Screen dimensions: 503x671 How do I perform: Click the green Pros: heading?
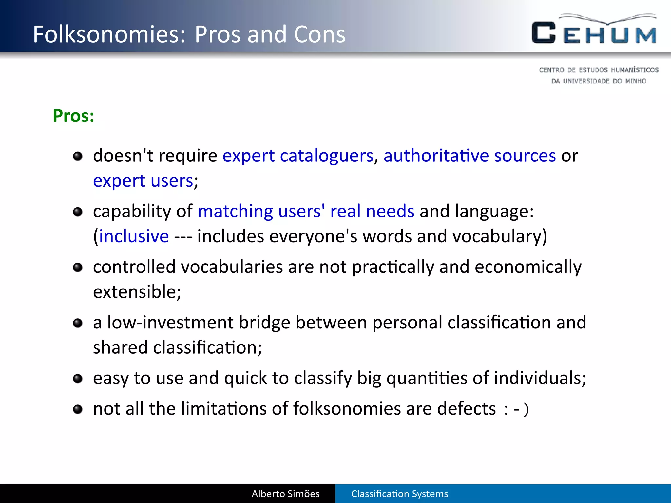[74, 116]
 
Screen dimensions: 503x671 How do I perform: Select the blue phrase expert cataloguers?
[298, 156]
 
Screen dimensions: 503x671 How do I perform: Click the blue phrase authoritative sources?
[470, 156]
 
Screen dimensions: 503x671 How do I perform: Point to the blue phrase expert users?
[143, 181]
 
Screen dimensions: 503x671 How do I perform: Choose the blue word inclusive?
[134, 236]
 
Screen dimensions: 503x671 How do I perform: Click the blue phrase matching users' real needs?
[306, 211]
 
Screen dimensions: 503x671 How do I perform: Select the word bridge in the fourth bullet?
[264, 323]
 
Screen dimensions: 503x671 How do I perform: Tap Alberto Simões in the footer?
[285, 494]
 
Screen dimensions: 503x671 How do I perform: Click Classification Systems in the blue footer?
[399, 494]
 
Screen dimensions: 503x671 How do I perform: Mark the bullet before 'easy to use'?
[78, 379]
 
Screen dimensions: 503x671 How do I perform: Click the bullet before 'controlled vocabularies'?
[78, 268]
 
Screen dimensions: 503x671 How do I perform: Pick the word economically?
[528, 267]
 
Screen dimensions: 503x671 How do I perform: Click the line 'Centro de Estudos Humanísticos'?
[599, 70]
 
